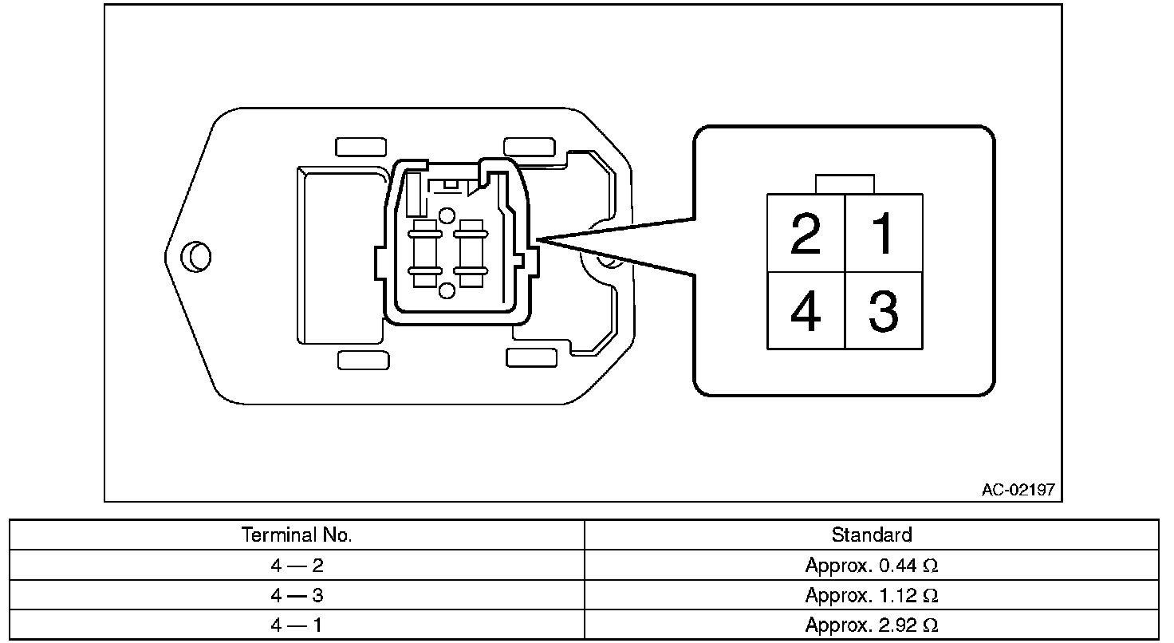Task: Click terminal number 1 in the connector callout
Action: (883, 234)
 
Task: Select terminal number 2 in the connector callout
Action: (806, 234)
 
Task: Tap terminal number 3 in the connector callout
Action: (883, 311)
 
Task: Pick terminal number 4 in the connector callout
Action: (806, 311)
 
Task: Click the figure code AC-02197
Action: (1018, 490)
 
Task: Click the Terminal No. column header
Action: (297, 535)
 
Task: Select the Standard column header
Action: (871, 535)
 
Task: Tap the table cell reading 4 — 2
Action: (297, 566)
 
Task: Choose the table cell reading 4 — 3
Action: (297, 595)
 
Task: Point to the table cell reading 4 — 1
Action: (297, 625)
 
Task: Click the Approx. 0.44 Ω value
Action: (871, 566)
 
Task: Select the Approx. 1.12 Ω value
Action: (871, 595)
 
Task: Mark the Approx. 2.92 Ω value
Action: (871, 625)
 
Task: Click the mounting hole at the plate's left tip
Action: (195, 256)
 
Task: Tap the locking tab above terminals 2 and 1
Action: (845, 184)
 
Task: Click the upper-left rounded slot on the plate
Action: (361, 147)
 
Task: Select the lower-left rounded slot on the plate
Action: (363, 360)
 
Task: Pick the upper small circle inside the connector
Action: (447, 215)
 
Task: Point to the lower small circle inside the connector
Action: (447, 290)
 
